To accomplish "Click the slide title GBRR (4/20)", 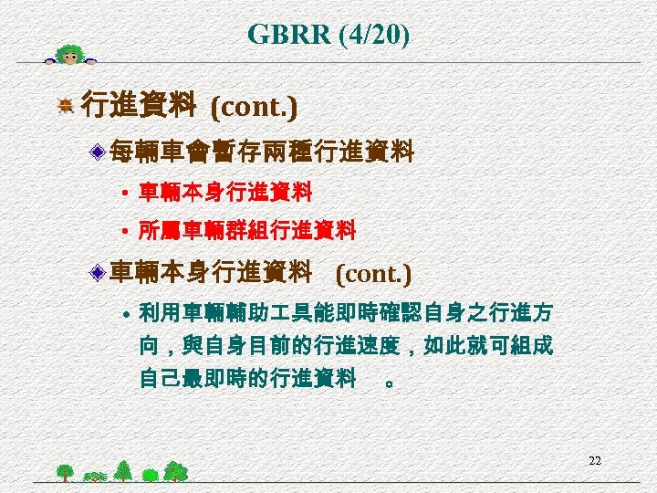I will [328, 36].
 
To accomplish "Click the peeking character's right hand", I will [90, 63].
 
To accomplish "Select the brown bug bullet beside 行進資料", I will [65, 108].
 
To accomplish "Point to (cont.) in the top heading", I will [254, 108].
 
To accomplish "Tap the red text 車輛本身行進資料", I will [225, 193].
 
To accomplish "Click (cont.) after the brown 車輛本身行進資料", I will [373, 273].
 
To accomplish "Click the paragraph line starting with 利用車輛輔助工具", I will [345, 315].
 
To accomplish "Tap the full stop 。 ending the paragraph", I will [390, 383].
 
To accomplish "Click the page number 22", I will [594, 460].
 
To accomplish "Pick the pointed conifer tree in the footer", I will [122, 469].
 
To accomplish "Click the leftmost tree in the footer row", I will [65, 471].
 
